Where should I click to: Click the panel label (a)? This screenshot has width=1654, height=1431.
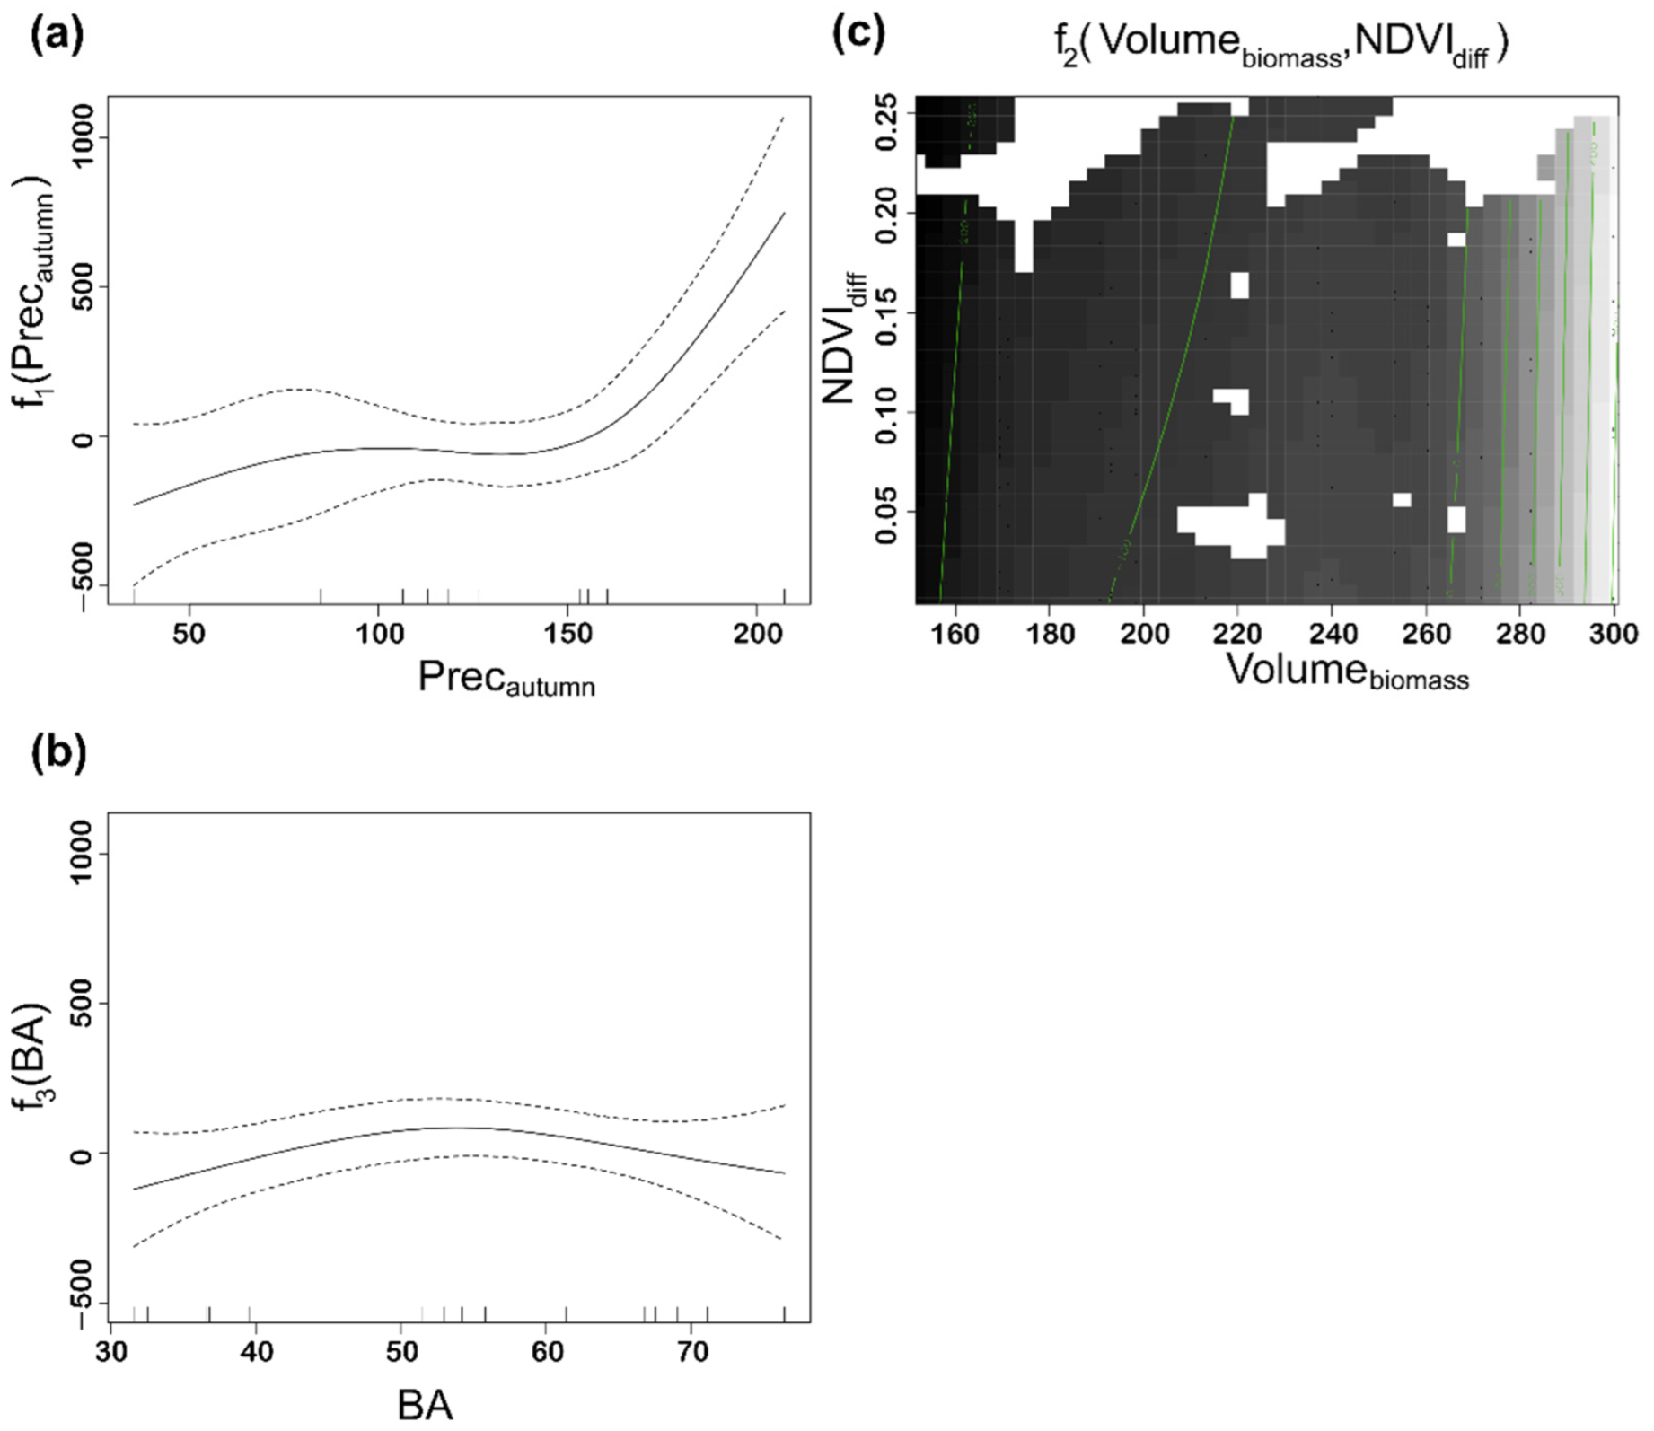pos(57,37)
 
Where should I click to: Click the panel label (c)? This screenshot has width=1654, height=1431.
pos(859,34)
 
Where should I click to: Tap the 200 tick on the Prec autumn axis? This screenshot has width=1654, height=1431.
pos(757,634)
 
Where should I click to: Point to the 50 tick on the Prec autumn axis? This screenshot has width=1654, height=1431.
pos(189,634)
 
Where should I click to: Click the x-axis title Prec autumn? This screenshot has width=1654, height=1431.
pos(506,678)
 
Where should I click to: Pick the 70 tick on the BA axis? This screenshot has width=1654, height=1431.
pos(692,1352)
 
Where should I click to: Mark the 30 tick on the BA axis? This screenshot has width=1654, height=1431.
pos(111,1352)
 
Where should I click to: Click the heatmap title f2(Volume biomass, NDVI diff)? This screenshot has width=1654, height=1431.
pos(1281,43)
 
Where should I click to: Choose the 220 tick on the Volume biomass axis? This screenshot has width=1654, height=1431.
pos(1238,634)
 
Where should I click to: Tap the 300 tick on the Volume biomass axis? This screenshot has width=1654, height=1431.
pos(1614,634)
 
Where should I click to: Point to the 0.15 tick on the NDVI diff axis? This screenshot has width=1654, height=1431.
pos(888,312)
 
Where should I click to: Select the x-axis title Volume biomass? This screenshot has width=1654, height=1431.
pos(1347,672)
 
